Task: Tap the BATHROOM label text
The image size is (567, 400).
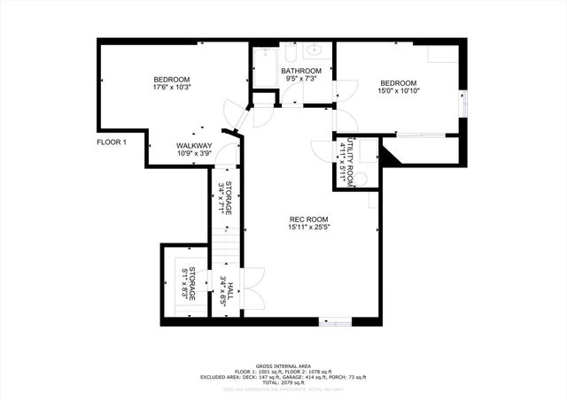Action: click(301, 70)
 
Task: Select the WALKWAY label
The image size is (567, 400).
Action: click(193, 145)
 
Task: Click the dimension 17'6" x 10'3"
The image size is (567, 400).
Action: click(172, 87)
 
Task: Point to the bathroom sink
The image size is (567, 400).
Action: click(316, 50)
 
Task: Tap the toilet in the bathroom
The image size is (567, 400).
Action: click(320, 91)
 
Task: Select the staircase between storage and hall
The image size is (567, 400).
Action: click(225, 242)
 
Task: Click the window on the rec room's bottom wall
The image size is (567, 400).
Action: click(335, 321)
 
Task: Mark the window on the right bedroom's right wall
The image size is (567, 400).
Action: click(461, 103)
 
